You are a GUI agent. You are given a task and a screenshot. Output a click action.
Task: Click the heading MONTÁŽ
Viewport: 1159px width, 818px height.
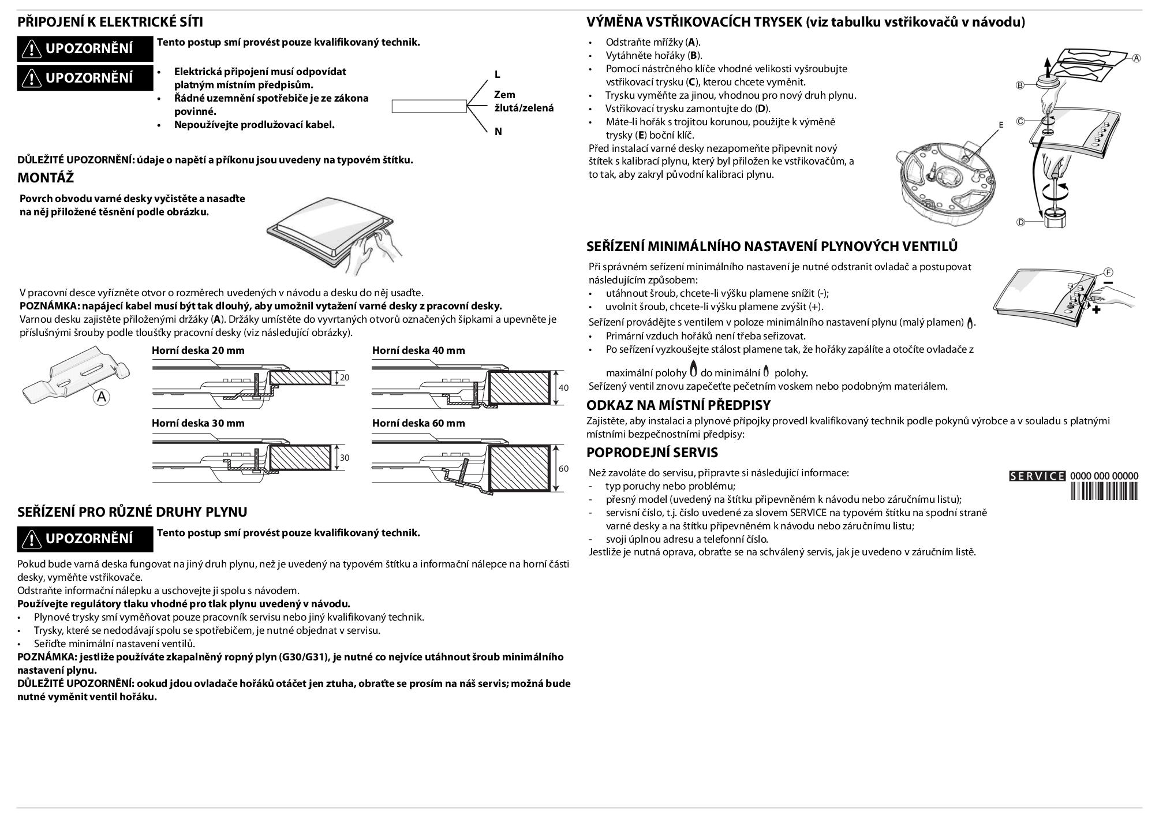point(46,177)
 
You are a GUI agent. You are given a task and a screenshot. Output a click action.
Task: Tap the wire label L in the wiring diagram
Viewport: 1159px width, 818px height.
point(498,74)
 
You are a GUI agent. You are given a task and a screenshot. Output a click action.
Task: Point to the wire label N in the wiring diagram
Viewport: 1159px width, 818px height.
point(498,132)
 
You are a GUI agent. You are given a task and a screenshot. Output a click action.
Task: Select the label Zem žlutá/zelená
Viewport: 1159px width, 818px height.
point(524,101)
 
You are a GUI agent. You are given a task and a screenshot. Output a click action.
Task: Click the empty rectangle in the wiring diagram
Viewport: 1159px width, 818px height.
point(429,106)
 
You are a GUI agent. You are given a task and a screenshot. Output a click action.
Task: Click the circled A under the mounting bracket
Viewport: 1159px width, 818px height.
point(102,397)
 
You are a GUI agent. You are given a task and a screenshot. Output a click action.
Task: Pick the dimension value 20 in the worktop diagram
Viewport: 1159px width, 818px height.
point(345,378)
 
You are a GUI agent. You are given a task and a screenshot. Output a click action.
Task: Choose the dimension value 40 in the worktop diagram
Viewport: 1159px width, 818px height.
point(564,388)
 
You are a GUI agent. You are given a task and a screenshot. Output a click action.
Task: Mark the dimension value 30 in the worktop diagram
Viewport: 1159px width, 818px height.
point(345,458)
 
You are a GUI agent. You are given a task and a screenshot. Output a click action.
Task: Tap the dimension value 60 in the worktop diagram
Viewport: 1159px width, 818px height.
point(564,468)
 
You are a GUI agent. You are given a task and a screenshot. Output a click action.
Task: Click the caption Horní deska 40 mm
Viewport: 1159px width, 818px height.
point(418,350)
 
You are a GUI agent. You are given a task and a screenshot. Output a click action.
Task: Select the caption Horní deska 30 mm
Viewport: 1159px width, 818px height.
point(198,423)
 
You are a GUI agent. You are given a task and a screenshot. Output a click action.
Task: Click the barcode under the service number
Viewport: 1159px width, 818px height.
point(1104,491)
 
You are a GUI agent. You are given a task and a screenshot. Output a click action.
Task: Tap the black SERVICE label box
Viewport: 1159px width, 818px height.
point(1037,476)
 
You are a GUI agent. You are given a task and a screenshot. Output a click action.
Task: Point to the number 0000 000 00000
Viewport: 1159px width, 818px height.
point(1104,476)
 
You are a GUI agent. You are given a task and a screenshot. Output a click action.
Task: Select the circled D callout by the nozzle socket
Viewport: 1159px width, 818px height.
point(1020,222)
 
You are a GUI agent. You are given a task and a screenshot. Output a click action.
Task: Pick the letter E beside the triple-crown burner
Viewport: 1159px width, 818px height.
point(1001,125)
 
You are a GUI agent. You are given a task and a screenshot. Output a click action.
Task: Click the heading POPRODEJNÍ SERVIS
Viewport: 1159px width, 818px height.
point(652,452)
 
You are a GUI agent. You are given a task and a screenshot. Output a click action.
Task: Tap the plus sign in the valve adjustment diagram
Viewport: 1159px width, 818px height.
point(1096,310)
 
